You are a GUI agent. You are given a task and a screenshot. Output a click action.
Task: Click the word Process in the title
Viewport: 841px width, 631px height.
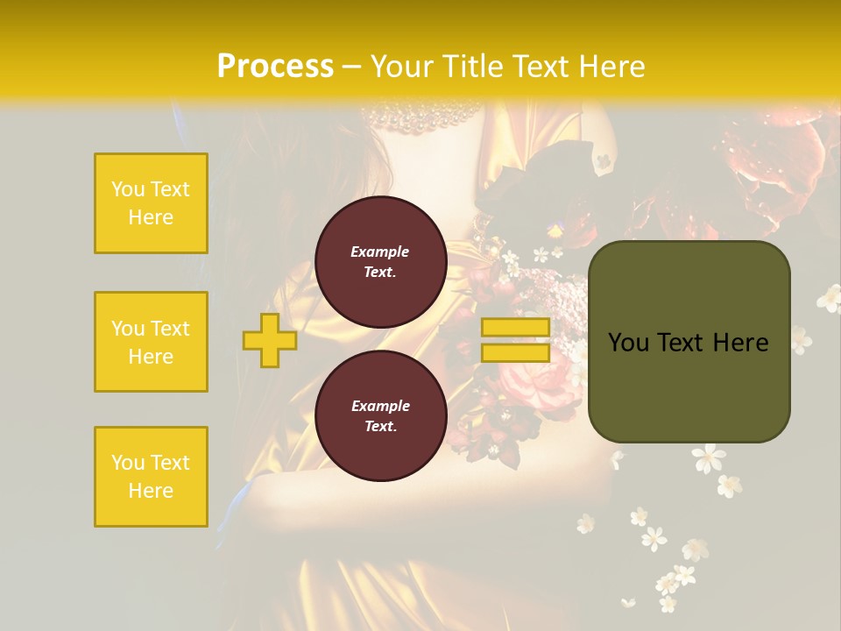275,67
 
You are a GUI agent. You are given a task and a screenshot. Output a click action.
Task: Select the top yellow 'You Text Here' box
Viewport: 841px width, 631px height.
151,203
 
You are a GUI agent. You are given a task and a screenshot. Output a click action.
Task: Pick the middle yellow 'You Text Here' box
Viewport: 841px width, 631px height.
151,342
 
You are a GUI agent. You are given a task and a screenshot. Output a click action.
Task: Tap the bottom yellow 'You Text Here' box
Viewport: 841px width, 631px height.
151,477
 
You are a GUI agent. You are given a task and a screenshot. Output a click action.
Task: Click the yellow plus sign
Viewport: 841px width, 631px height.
270,340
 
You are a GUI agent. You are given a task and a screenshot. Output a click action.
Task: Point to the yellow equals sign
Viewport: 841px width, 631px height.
515,340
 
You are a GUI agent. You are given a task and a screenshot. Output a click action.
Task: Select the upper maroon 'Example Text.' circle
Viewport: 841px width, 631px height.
380,262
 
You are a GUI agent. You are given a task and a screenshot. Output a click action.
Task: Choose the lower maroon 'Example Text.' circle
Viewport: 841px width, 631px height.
380,416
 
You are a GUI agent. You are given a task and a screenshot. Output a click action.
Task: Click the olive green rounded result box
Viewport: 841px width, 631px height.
689,342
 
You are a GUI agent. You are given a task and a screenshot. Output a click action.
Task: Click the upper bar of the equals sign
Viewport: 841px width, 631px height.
515,328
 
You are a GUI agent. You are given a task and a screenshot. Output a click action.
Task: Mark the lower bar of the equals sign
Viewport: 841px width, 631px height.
515,352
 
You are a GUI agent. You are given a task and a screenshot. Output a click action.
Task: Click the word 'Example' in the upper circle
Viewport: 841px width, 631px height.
380,252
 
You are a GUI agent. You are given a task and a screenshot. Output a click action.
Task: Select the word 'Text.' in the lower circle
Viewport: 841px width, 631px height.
380,427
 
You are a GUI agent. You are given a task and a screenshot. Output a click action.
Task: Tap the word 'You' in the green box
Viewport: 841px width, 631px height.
627,343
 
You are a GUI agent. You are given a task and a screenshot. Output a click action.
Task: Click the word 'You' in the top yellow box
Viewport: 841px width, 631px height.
128,189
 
